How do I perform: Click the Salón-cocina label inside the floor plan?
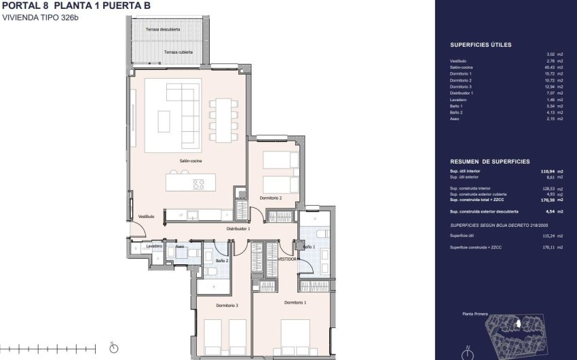tap(191, 161)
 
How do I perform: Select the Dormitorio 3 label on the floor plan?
tap(227, 306)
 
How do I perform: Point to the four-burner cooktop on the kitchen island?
tap(199, 183)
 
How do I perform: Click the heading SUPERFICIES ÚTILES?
tap(481, 45)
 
